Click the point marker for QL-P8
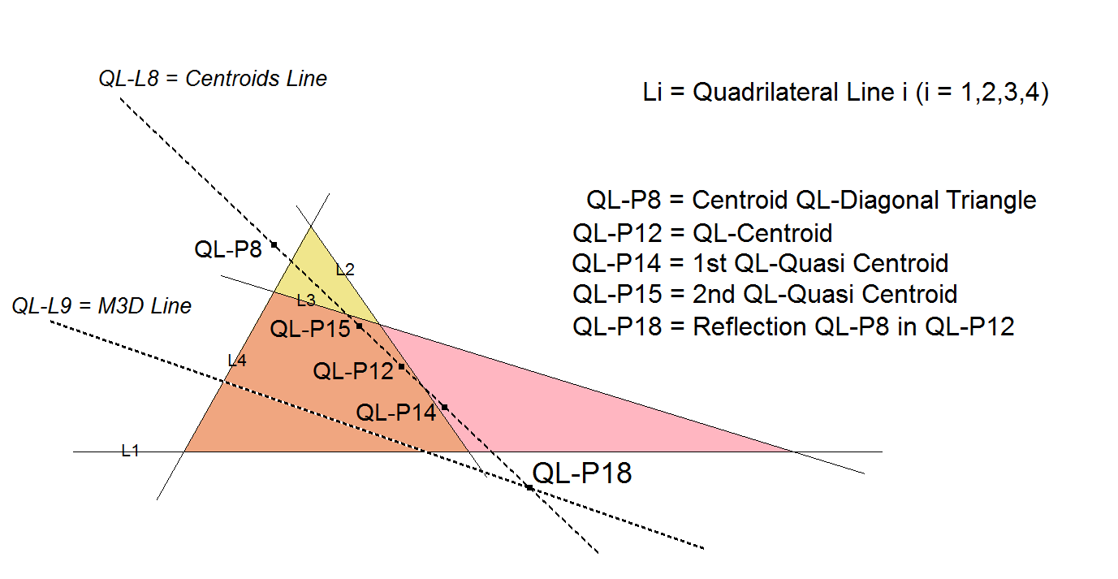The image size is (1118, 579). coord(274,244)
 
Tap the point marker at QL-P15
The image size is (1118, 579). coord(359,326)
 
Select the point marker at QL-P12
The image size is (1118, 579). coord(401,367)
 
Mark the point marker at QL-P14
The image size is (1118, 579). coord(444,407)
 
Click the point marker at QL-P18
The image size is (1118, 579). coord(529,487)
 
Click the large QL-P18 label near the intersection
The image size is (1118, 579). coord(581,473)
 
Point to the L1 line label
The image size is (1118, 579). coord(130,451)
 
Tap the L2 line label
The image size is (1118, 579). coord(345,270)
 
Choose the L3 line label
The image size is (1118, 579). coord(305,300)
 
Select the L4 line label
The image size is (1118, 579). coord(236,361)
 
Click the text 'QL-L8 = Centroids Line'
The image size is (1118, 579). coord(213,79)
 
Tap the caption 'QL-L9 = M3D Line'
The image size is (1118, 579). coord(101,306)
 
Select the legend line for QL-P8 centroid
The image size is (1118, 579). coord(811,200)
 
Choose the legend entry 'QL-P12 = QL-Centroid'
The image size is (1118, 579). coord(702,234)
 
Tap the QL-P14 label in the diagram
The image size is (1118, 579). coord(396,412)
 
